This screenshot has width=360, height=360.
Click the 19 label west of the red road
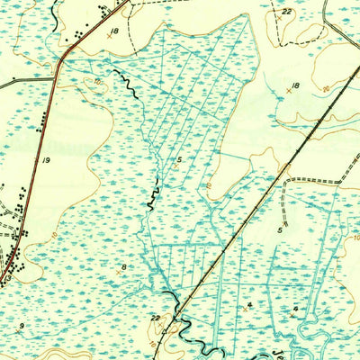pos(45,158)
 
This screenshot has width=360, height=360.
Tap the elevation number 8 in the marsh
pos(124,268)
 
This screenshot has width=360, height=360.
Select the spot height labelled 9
pos(21,324)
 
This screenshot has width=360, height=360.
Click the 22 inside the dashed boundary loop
pos(286,11)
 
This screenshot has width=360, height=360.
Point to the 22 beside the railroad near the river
pos(155,318)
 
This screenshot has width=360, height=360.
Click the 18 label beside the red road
pos(113,31)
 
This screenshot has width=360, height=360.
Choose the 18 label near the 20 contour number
pos(293,85)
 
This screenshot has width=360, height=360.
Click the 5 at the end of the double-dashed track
pos(280,230)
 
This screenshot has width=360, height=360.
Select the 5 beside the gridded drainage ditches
pos(179,159)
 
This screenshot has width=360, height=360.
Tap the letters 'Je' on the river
pos(346,352)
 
